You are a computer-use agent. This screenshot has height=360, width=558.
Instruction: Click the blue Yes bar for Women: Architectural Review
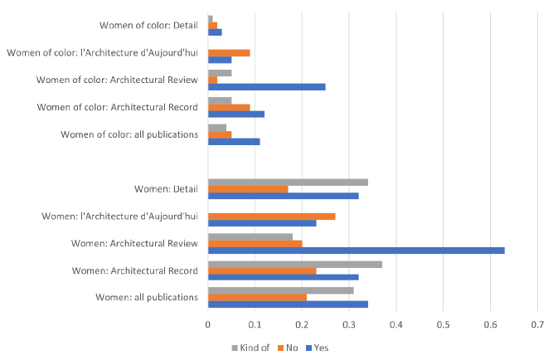(x=356, y=250)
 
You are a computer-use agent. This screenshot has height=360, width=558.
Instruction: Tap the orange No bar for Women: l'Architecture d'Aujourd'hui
(x=271, y=216)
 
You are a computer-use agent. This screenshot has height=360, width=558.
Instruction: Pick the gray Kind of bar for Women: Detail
(x=288, y=182)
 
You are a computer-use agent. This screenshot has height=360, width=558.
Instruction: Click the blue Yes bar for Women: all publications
(x=288, y=304)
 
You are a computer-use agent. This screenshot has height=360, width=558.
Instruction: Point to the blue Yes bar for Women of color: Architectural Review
(x=266, y=86)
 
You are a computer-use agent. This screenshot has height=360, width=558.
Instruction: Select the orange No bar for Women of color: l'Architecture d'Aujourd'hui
(x=229, y=53)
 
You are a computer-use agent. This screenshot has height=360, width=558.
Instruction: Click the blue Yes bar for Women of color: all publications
(x=234, y=141)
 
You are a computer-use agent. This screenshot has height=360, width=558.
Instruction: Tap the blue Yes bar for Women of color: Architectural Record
(x=236, y=114)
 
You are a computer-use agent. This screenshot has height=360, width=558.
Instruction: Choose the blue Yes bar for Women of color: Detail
(x=215, y=32)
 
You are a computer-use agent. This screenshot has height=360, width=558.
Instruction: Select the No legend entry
(x=289, y=347)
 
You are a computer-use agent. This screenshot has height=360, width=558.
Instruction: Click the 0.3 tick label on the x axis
(x=349, y=325)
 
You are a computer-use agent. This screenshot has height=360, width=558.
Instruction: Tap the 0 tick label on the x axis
(x=208, y=325)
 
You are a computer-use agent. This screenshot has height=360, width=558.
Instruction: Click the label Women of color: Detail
(x=147, y=26)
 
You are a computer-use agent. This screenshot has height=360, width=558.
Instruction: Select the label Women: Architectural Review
(x=134, y=243)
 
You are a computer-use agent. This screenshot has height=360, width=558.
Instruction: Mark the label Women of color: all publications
(x=129, y=134)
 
